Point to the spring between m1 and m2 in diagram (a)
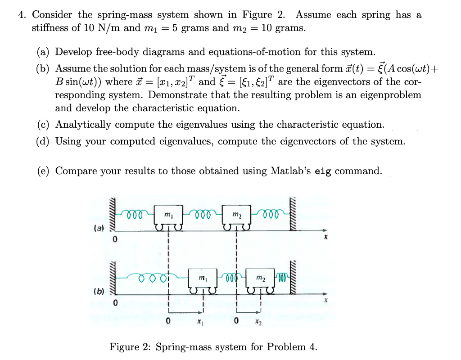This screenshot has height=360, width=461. click(202, 213)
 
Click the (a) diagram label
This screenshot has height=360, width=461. click(98, 228)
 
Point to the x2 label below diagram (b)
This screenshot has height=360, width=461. click(257, 322)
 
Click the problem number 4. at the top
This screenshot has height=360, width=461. click(22, 15)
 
